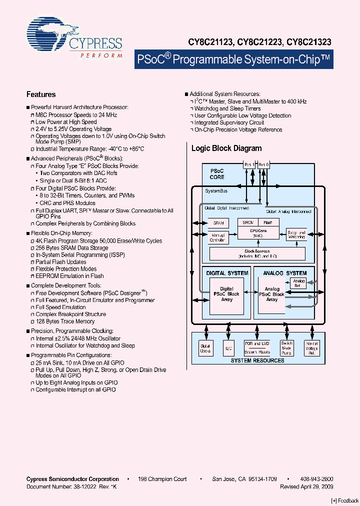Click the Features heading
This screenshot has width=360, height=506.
[x=41, y=94]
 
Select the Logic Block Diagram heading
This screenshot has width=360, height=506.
[x=226, y=148]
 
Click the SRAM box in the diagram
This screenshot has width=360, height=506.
[x=218, y=223]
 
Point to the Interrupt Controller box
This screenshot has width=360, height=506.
[x=218, y=237]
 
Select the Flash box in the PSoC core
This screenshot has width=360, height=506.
[x=268, y=222]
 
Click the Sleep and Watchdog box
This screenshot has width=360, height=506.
[x=296, y=235]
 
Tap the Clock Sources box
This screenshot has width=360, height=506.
[x=257, y=253]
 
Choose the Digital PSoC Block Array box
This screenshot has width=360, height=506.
[x=226, y=294]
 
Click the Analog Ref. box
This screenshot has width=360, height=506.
[x=298, y=283]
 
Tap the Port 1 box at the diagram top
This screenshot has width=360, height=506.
[x=248, y=164]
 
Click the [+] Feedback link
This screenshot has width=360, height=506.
[x=345, y=500]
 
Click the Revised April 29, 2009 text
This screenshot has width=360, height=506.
[x=306, y=486]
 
